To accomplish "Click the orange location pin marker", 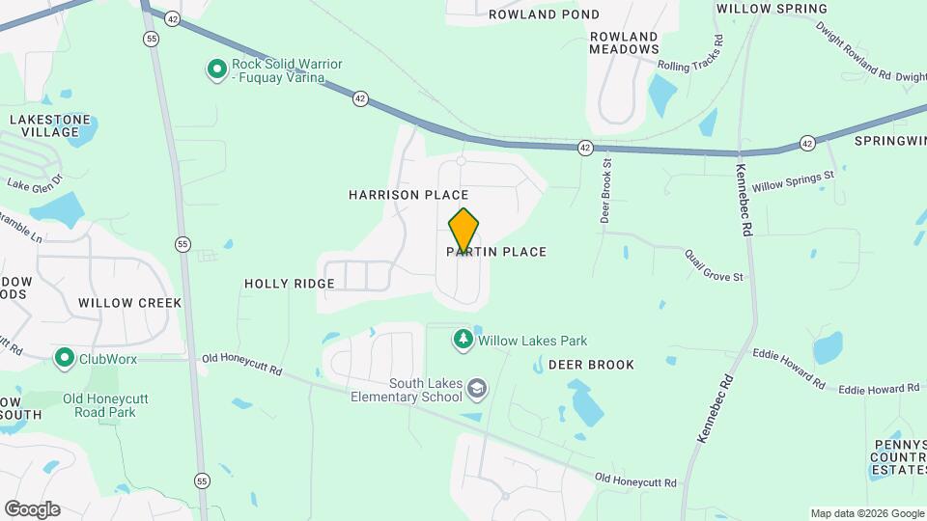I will pos(463,231).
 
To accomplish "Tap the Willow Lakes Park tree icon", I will pos(463,340).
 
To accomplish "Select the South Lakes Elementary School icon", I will pos(476,389).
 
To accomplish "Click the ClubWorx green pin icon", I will pos(65,358).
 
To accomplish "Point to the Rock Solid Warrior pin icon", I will pos(217,69).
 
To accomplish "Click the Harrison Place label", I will pos(395,195).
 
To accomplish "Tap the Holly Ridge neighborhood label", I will pos(289,284).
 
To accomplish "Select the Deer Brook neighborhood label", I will pos(591,365).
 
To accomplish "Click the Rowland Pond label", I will pos(544,14).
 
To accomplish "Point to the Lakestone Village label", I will pos(50,125).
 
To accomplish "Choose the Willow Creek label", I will pos(129,302).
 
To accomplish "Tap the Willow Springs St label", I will pos(793,181).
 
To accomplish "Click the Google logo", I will pos(31,509).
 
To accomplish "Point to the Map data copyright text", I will pos(866,513).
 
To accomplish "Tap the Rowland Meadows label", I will pos(624,41).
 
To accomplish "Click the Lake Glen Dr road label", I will pos(34,181).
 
